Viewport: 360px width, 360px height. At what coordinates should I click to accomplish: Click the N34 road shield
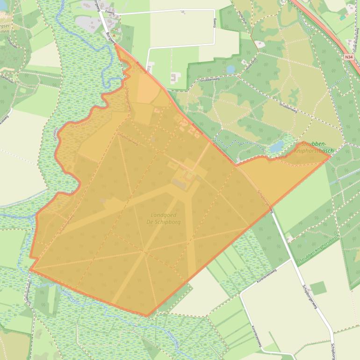coord(348,57)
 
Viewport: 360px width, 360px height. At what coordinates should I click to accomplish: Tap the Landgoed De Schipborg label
coord(166,218)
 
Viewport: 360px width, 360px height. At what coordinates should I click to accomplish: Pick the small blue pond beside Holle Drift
coord(230,69)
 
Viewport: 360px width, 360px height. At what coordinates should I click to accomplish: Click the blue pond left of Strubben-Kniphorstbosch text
coord(276,147)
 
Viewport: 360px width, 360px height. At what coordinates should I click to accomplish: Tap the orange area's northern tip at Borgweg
coord(115,44)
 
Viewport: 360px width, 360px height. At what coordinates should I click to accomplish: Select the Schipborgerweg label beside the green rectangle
coord(309,297)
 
